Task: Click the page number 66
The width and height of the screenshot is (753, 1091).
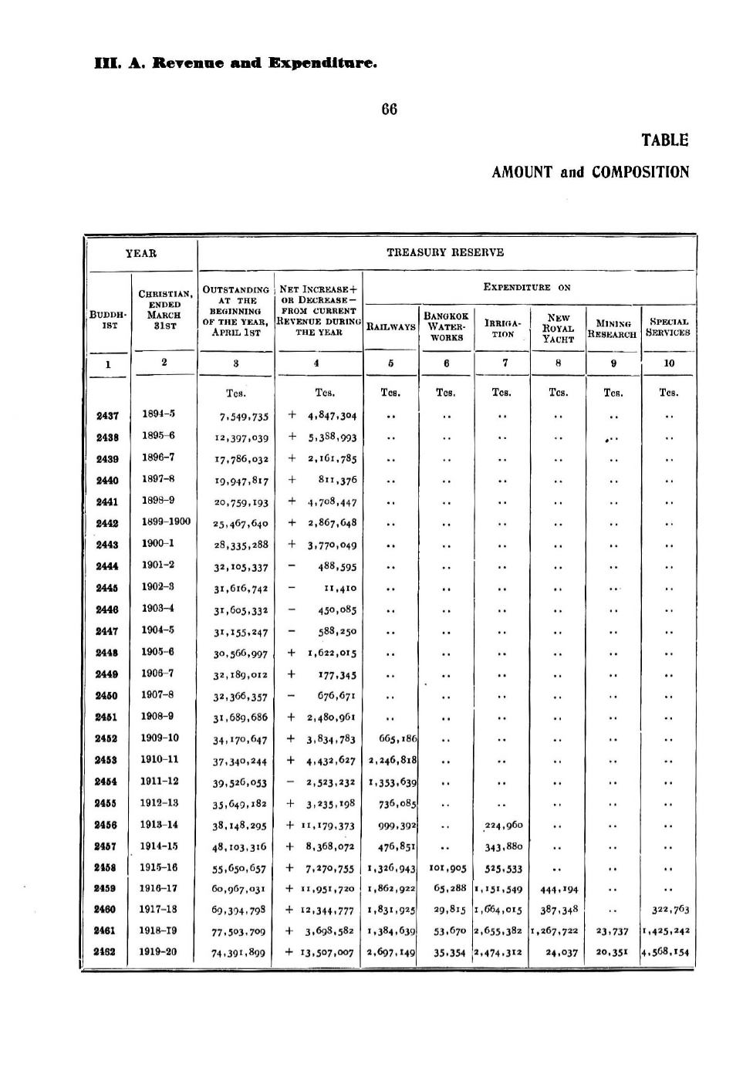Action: click(x=390, y=110)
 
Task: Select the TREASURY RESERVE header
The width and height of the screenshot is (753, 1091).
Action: click(x=447, y=252)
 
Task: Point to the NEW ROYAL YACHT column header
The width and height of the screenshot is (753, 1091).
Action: click(x=558, y=327)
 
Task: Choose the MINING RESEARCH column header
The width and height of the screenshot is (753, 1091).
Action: click(x=613, y=329)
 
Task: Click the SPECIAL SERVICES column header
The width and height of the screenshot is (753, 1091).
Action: click(x=668, y=327)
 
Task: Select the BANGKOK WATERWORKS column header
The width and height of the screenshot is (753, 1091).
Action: click(x=447, y=326)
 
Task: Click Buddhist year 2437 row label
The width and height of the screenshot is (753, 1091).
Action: click(x=107, y=415)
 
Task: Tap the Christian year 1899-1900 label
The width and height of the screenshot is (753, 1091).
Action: click(x=165, y=522)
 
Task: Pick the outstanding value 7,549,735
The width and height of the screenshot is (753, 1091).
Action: click(x=244, y=417)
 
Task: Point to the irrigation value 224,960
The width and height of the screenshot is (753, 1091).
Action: click(x=503, y=825)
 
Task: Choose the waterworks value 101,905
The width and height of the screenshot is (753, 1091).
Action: click(x=447, y=867)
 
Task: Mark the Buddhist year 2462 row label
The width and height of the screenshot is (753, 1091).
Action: click(x=107, y=952)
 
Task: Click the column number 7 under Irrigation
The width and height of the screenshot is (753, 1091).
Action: click(x=504, y=363)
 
